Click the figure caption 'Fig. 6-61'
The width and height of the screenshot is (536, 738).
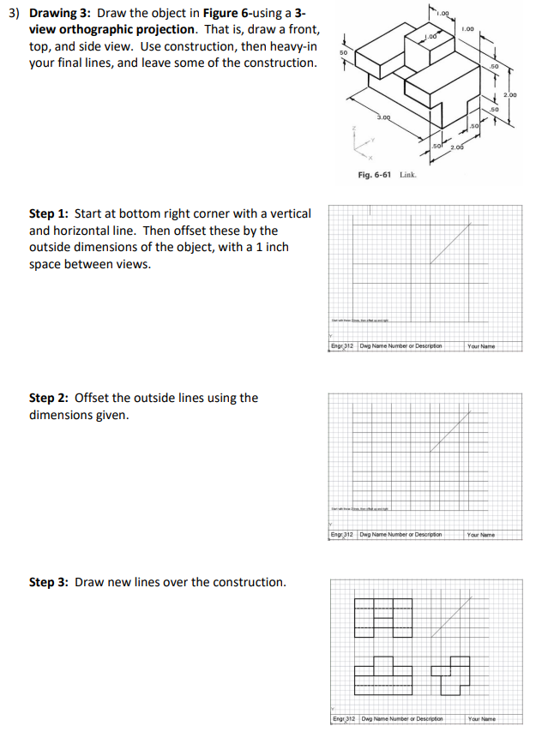(376, 174)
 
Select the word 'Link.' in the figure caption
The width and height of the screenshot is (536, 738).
(407, 174)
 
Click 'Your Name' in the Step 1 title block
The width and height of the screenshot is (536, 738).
(482, 347)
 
